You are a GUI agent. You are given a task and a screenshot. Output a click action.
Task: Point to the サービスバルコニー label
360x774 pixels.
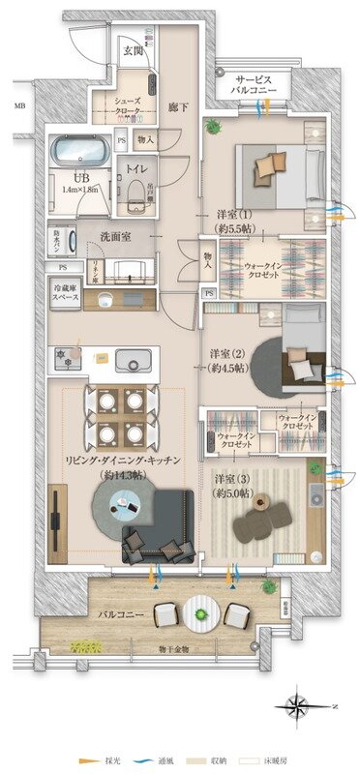coord(255,84)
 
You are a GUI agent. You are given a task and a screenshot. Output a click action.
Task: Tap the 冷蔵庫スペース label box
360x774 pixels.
coord(65,292)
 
